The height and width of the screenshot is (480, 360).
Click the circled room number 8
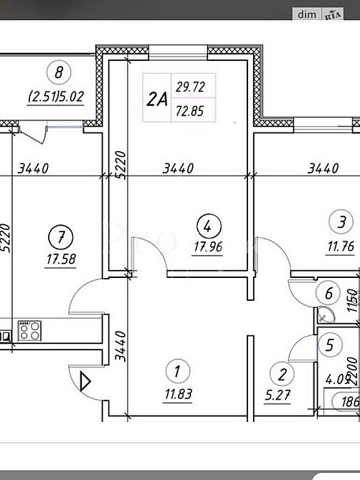pos(59,72)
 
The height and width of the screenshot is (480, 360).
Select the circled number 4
pos(206,227)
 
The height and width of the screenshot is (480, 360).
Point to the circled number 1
pos(174,371)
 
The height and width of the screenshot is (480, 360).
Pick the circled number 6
pos(328,292)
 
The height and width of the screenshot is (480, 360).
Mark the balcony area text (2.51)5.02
pos(59,95)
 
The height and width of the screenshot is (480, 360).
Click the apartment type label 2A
pos(157,100)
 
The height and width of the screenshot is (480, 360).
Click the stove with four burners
pos(29,330)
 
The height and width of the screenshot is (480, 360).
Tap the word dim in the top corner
pos(308,14)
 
